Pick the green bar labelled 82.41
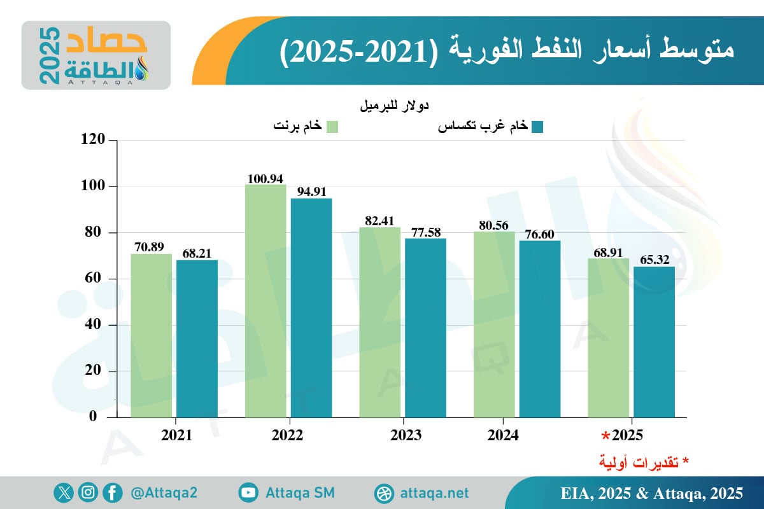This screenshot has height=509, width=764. coord(379,322)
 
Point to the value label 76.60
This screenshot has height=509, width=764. coord(540,234)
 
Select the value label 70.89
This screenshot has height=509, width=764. coord(152,247)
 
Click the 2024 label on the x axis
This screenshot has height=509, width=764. coord(503,436)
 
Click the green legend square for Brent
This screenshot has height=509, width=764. coord(332,127)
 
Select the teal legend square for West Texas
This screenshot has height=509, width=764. coord(537,127)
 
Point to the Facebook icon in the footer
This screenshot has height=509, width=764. coord(112,492)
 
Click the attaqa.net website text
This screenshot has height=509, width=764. coord(435,493)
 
